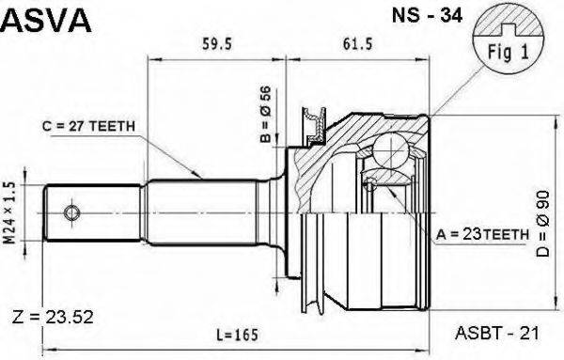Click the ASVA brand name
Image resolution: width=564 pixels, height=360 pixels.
pos(47,19)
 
